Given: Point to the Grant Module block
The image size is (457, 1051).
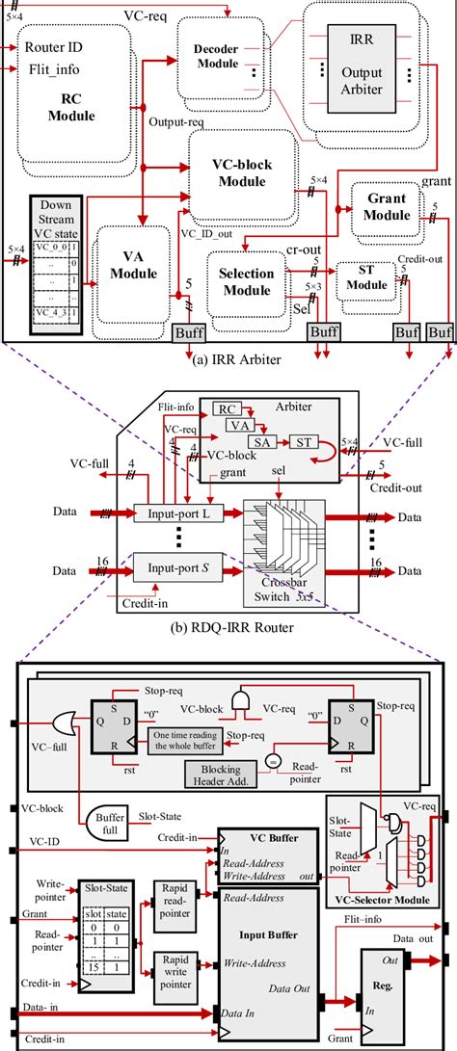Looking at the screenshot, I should [x=390, y=204].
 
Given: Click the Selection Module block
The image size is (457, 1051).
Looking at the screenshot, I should [x=247, y=282].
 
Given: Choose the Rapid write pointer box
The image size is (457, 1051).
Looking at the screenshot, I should [x=173, y=964].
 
